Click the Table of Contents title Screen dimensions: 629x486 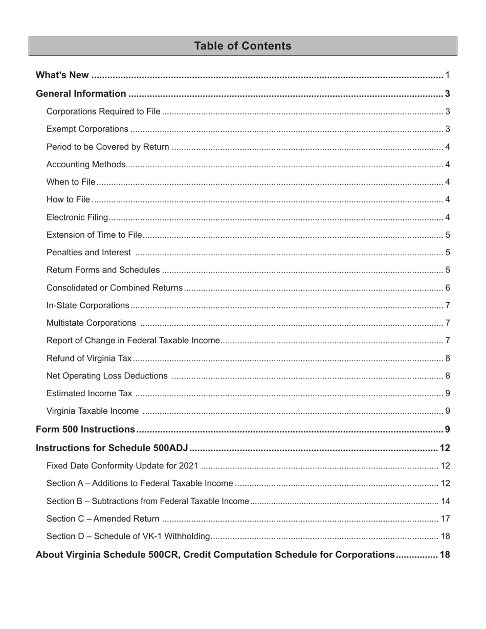click(x=242, y=46)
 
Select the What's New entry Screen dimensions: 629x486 click(x=62, y=76)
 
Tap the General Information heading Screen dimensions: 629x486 click(x=81, y=94)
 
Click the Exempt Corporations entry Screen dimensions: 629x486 click(x=87, y=129)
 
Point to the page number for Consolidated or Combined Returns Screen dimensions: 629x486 click(x=448, y=288)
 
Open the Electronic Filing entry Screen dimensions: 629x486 click(x=77, y=217)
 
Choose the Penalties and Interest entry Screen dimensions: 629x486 click(x=89, y=253)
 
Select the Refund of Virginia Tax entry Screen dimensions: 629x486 click(x=89, y=358)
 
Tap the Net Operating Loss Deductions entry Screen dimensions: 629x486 click(x=107, y=376)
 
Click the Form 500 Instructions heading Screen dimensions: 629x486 click(x=85, y=430)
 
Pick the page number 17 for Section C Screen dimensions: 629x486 click(x=445, y=519)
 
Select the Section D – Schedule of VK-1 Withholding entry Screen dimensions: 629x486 click(x=128, y=536)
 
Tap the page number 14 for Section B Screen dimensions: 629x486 click(x=445, y=501)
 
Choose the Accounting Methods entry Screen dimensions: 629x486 click(x=86, y=165)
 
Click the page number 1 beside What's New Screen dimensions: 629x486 click(x=448, y=76)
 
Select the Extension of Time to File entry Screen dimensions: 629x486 click(x=94, y=235)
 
